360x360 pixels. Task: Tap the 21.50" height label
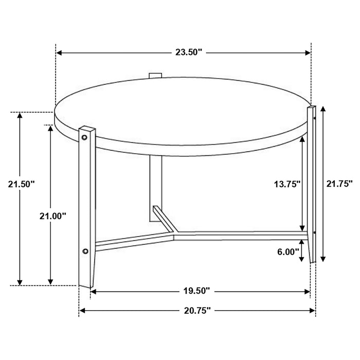(21, 184)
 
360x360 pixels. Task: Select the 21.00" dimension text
(53, 217)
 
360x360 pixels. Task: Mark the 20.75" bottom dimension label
(197, 310)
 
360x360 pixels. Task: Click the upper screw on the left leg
(85, 136)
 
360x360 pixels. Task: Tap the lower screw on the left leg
(85, 251)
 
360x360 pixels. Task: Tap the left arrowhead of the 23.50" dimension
(59, 52)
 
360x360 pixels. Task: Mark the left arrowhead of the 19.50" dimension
(93, 292)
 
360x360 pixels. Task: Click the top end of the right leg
(311, 109)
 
